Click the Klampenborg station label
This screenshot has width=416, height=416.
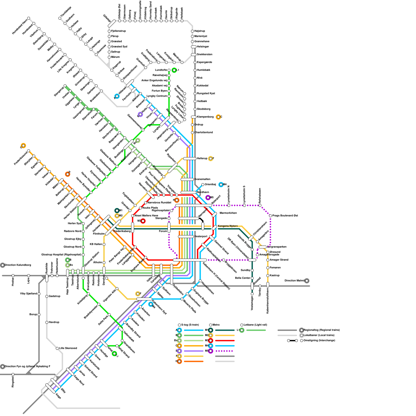[x=205, y=117]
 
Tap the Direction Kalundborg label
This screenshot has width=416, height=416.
[x=18, y=265]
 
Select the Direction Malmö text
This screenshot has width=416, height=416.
[x=294, y=281]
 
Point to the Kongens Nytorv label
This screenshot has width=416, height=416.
[x=228, y=226]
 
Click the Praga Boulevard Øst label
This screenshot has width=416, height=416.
[x=285, y=216]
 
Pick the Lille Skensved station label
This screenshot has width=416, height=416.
[x=68, y=348]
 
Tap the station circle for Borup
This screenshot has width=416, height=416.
[x=39, y=315]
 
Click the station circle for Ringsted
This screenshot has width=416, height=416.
[x=13, y=374]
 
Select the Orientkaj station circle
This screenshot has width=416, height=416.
[x=203, y=185]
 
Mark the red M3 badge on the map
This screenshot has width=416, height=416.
[x=143, y=221]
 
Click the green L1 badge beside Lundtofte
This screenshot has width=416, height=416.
[x=174, y=70]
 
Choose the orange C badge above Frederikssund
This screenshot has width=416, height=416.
[x=23, y=146]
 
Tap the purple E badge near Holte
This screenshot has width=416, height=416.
[x=140, y=114]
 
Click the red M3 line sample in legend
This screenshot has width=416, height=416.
[x=225, y=341]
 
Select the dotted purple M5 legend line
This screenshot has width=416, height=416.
[x=225, y=351]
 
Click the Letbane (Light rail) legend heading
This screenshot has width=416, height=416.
[x=255, y=325]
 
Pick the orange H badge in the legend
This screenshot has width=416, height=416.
[x=179, y=361]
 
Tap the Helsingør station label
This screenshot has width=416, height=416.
[x=203, y=47]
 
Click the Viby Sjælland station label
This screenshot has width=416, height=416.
[x=28, y=294]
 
